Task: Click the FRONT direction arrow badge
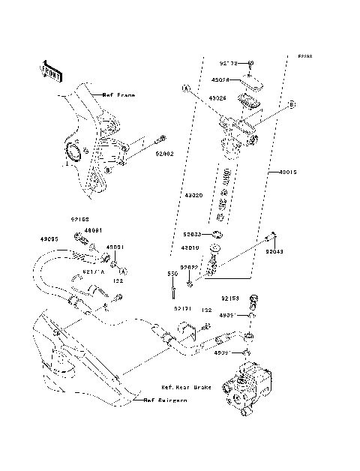pos(50,70)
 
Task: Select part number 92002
pos(164,153)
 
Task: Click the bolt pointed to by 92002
pos(160,139)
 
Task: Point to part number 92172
pos(229,64)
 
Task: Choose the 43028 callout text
pos(220,80)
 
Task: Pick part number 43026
pos(217,98)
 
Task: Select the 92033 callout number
pos(193,233)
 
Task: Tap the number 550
pos(172,274)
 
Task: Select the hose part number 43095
pos(49,239)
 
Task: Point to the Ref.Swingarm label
pos(166,401)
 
